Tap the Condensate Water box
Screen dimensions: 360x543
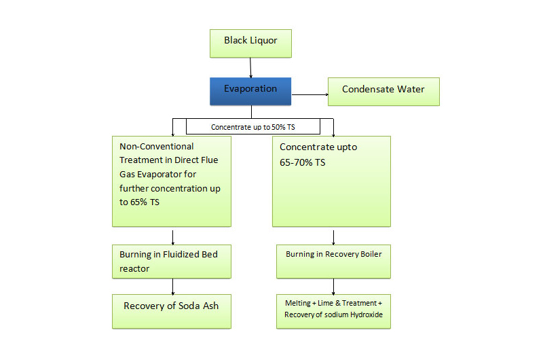tap(383, 91)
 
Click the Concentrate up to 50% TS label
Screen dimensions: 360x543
tap(252, 127)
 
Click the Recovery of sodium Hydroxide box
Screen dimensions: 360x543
tap(333, 311)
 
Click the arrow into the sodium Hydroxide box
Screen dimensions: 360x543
tap(333, 286)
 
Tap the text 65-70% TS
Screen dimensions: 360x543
tap(303, 163)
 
